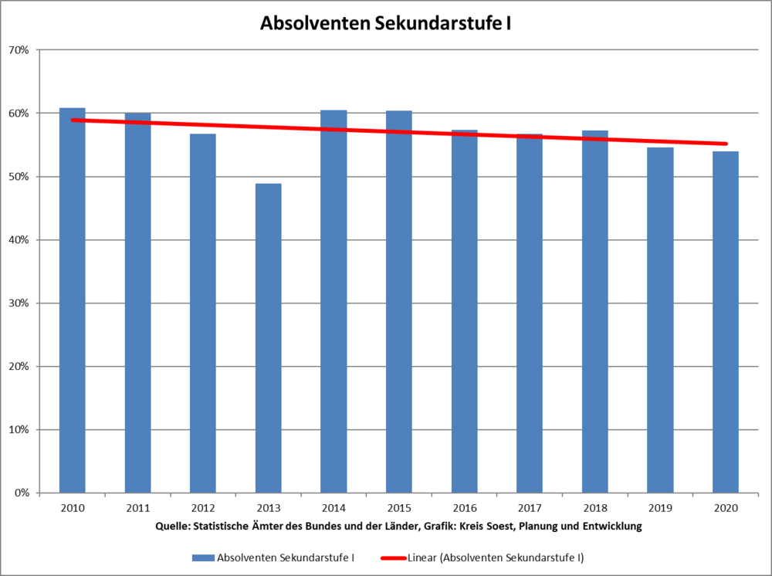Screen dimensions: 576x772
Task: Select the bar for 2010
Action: coord(73,300)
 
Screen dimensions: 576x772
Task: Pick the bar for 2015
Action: coord(399,302)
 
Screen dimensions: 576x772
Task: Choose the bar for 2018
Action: coord(595,312)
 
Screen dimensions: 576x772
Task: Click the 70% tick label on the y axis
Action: coord(19,50)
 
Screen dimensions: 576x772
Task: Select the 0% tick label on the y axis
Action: coord(22,493)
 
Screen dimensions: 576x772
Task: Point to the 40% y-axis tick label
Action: coord(19,240)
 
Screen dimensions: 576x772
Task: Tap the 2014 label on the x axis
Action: coord(334,509)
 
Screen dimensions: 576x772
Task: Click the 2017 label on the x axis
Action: coord(530,509)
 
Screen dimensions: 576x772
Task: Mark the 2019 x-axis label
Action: coord(660,509)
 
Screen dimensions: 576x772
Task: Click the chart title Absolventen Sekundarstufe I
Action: coord(385,23)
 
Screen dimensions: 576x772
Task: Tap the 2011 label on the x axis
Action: coord(138,509)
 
